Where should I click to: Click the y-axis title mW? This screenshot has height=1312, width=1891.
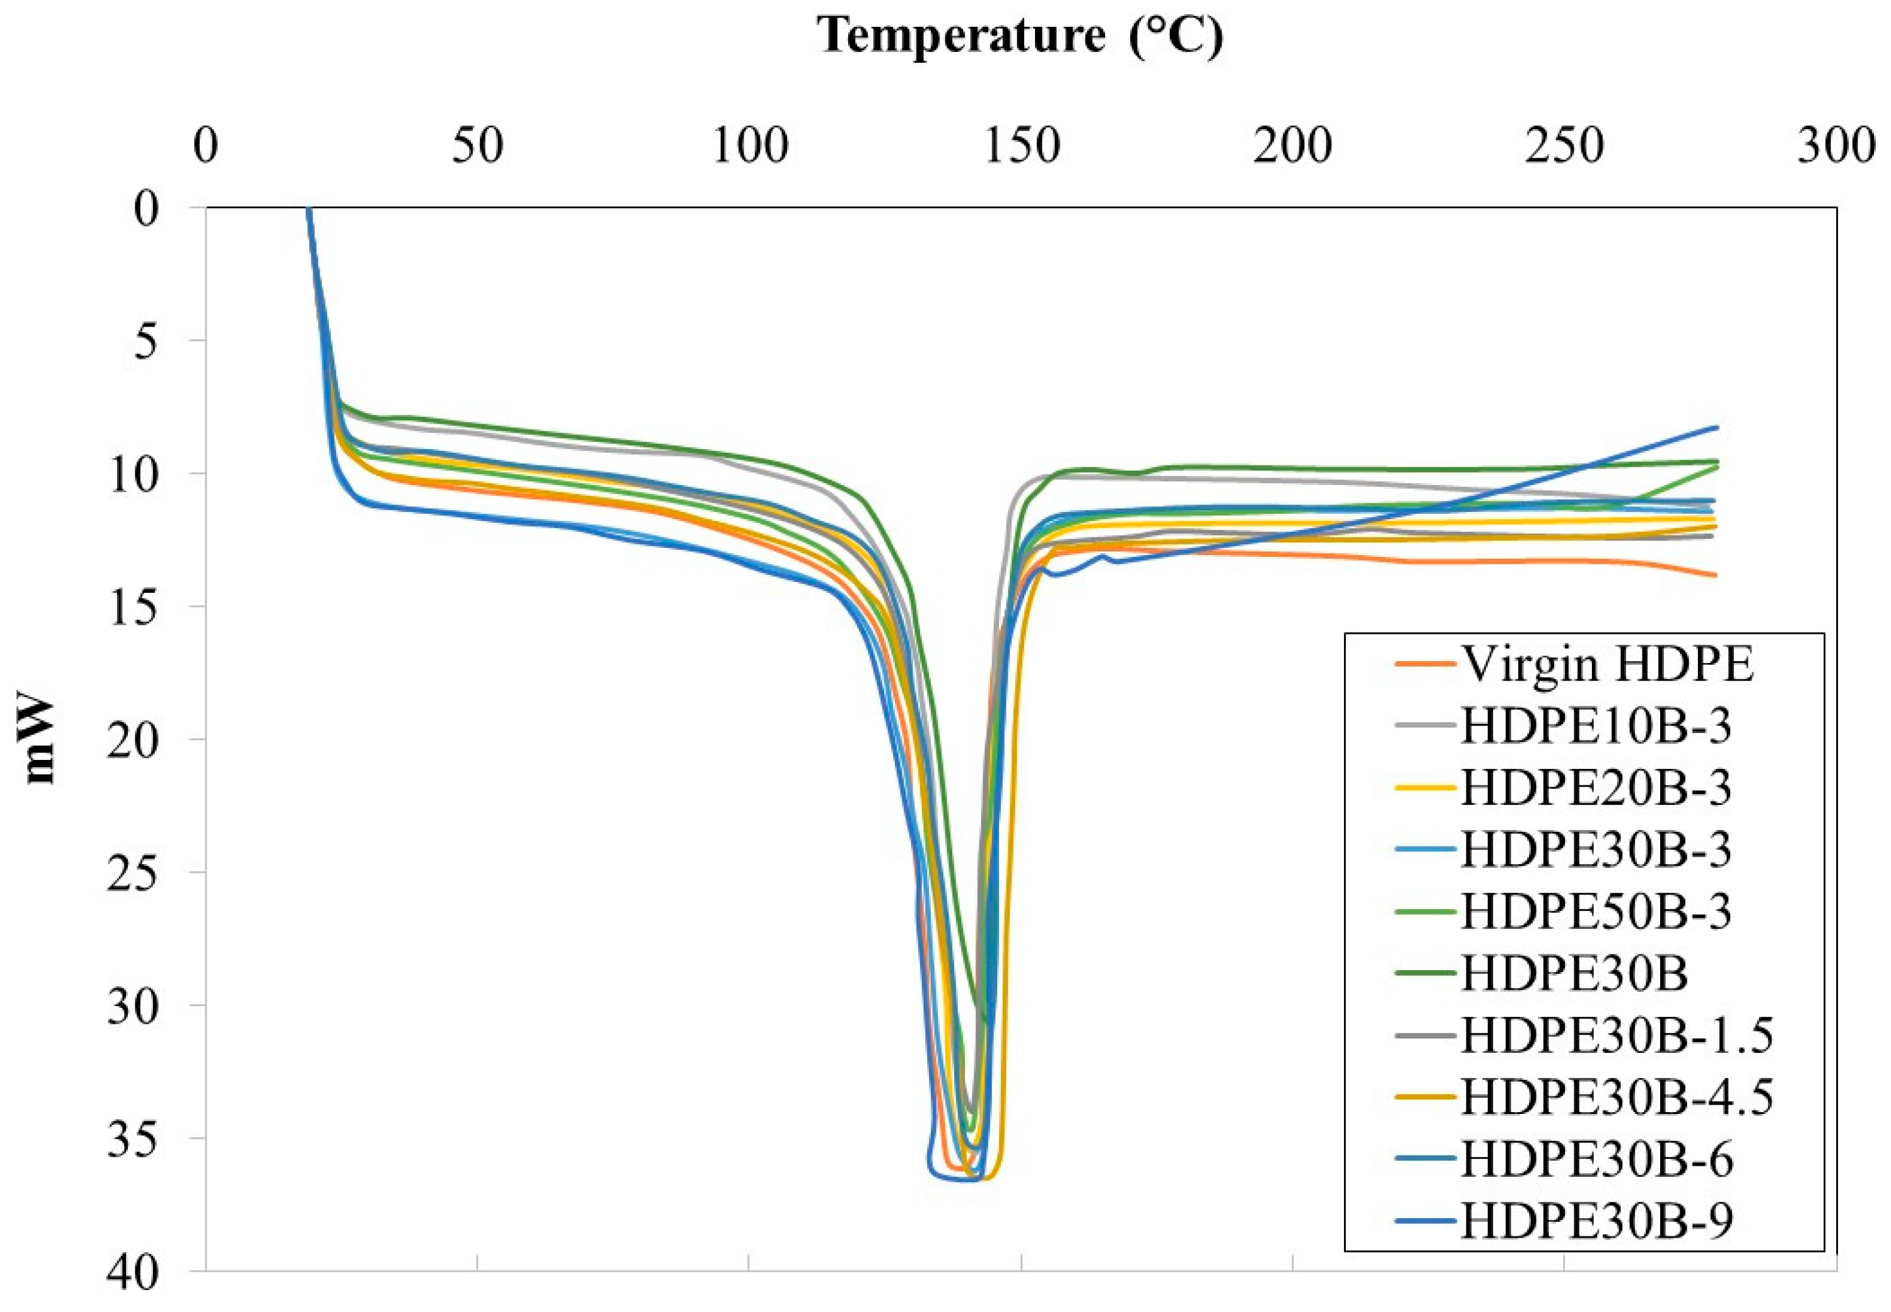pos(40,740)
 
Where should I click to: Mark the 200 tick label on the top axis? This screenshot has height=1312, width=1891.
pos(1292,146)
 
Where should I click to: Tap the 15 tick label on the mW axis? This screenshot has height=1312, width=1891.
pos(133,607)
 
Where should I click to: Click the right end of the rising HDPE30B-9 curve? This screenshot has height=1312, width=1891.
pos(1717,427)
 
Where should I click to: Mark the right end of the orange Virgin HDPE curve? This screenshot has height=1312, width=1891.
pos(1716,575)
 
